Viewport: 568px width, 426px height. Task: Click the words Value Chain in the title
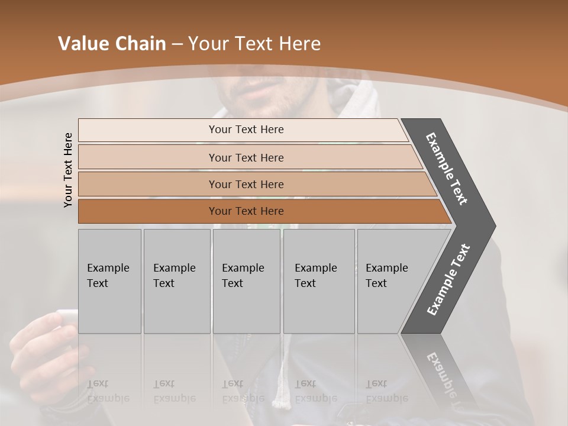[x=112, y=44]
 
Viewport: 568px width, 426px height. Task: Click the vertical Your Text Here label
[x=68, y=170]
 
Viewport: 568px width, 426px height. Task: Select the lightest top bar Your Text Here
[x=246, y=130]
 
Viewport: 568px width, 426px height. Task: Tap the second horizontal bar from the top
[x=246, y=157]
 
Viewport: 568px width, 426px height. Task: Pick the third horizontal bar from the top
[x=246, y=184]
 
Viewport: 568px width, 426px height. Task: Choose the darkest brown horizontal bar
[x=246, y=211]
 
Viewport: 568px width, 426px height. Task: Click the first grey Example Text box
[x=109, y=280]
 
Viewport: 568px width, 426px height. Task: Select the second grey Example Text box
[x=176, y=280]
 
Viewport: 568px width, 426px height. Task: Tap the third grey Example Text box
[x=246, y=280]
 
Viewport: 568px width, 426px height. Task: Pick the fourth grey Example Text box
[x=318, y=280]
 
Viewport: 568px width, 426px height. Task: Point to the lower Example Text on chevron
[x=448, y=279]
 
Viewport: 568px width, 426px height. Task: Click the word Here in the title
[x=299, y=44]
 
